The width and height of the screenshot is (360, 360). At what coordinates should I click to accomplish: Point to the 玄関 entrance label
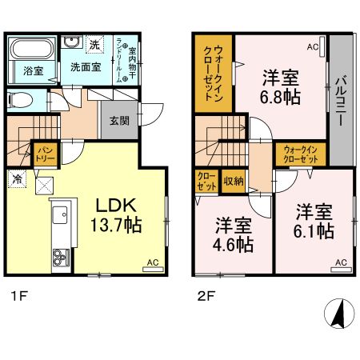pyautogui.click(x=116, y=121)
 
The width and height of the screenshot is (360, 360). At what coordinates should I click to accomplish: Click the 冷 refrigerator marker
pyautogui.click(x=17, y=178)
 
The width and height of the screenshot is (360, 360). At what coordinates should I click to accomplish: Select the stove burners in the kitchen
pyautogui.click(x=61, y=258)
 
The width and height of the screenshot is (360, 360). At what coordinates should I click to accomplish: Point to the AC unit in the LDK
pyautogui.click(x=151, y=262)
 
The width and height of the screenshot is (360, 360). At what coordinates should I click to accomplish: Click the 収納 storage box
pyautogui.click(x=233, y=181)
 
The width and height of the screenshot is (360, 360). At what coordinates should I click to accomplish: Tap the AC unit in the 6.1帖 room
pyautogui.click(x=340, y=262)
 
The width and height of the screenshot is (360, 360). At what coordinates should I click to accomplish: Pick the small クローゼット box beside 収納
pyautogui.click(x=206, y=181)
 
